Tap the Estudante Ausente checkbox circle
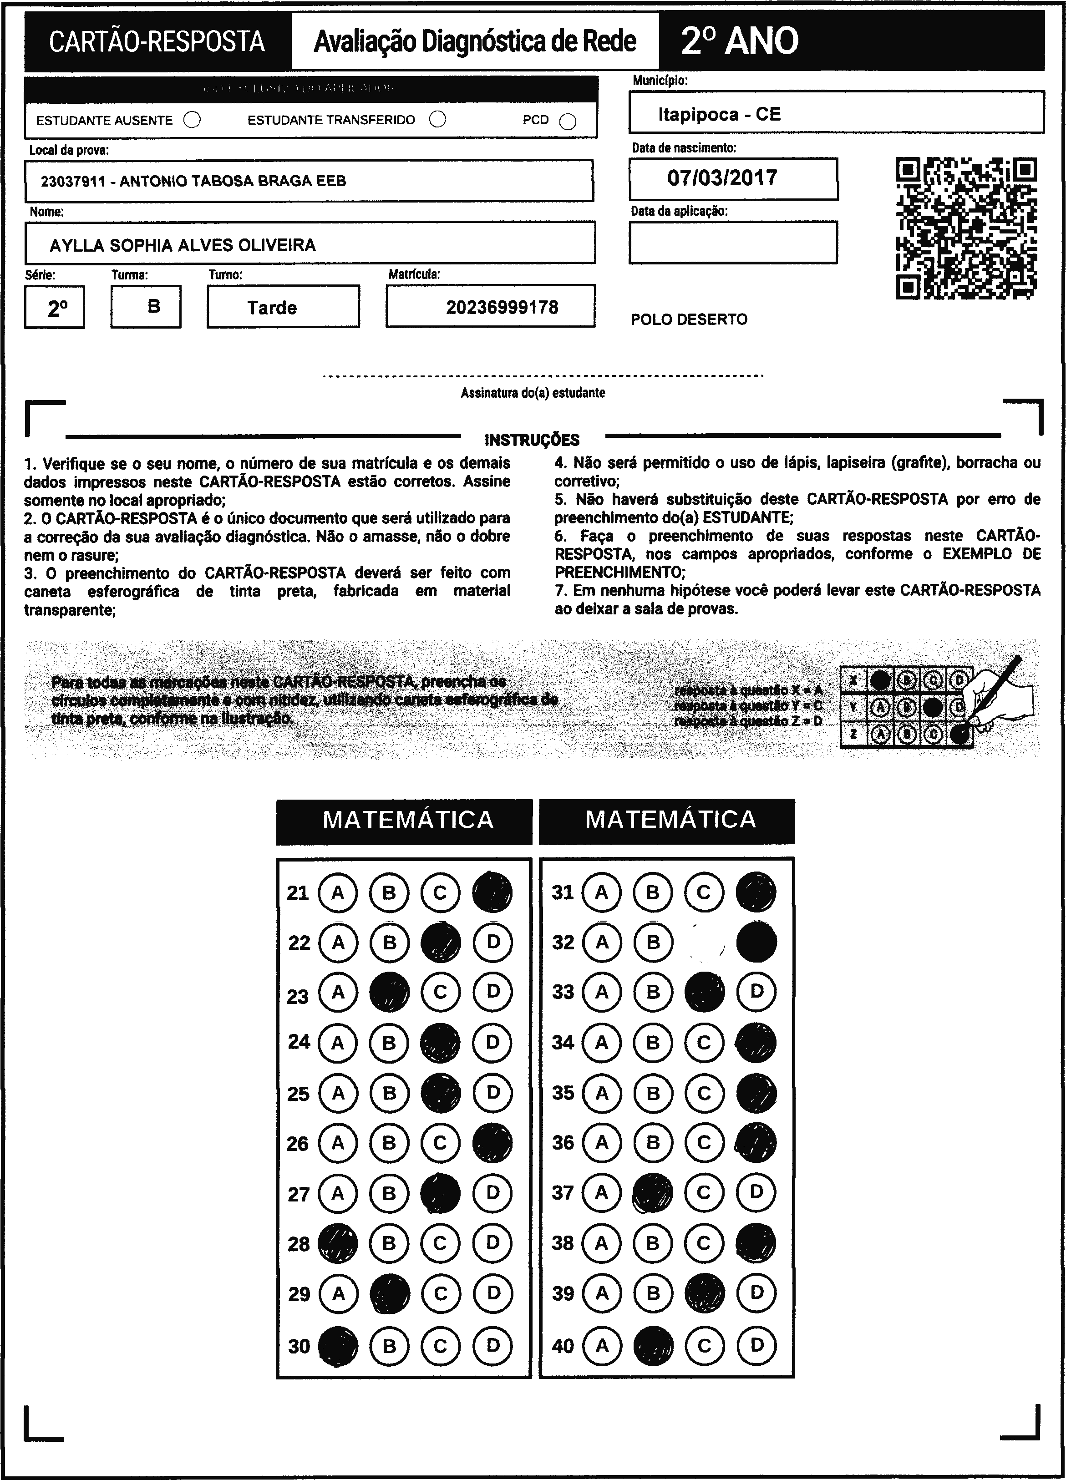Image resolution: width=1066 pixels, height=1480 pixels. pos(192,120)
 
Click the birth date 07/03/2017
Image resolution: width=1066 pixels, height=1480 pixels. pos(722,177)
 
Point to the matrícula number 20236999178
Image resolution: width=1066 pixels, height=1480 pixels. pos(502,307)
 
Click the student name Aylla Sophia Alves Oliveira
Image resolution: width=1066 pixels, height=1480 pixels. pos(183,245)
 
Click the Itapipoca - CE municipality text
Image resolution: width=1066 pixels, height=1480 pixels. pos(719,114)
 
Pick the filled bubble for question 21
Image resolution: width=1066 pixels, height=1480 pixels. pos(492,892)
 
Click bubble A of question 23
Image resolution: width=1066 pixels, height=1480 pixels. pos(337,993)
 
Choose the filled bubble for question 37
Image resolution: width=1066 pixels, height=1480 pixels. pos(653,1193)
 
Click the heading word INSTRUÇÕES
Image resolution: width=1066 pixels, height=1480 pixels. pos(532,439)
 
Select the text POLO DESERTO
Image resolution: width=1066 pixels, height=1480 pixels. pos(689,319)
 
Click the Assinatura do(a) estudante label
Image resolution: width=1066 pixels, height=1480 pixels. pos(533,393)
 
